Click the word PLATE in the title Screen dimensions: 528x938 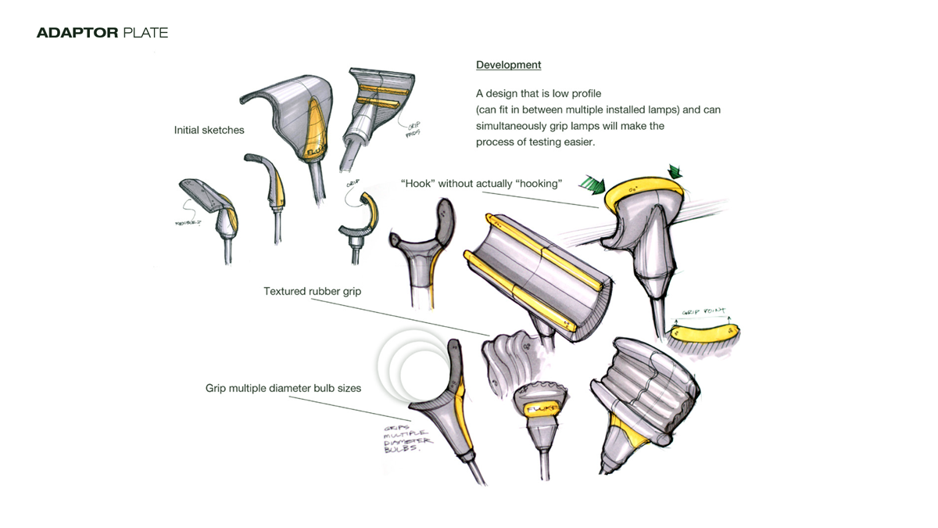tap(145, 33)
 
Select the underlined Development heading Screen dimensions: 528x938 tap(508, 65)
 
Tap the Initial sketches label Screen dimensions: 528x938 tap(209, 130)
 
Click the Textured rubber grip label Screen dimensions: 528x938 tap(312, 292)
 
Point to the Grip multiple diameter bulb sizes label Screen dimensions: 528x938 tap(283, 388)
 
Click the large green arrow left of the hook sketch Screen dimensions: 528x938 tap(593, 185)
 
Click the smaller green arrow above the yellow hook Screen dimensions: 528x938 tap(674, 171)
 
